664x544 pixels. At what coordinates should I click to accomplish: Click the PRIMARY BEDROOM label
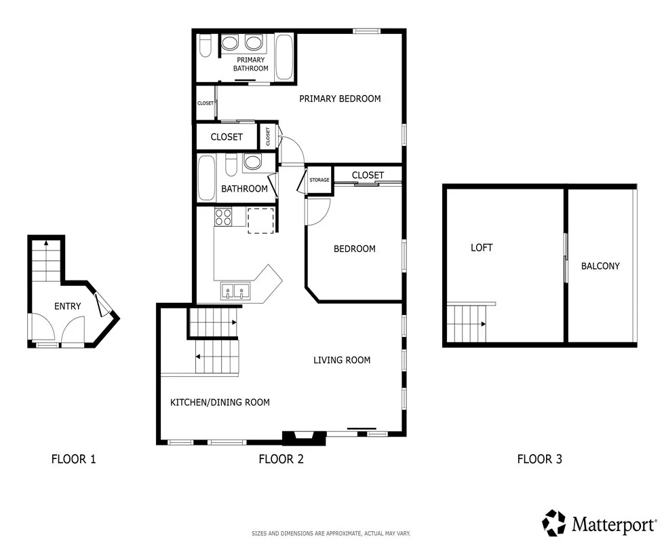click(340, 98)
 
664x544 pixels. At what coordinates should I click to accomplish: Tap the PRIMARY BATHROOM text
click(250, 64)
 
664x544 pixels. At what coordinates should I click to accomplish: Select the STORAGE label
click(319, 180)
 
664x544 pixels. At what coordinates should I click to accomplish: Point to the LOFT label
click(482, 248)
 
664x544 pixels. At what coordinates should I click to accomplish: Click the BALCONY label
click(600, 266)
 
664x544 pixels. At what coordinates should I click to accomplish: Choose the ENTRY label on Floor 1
click(67, 306)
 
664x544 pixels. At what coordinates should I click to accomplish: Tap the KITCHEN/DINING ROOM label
click(220, 402)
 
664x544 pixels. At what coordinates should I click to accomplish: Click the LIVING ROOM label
click(342, 360)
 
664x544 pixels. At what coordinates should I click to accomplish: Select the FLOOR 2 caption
click(281, 459)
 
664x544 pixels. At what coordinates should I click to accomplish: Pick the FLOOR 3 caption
click(539, 459)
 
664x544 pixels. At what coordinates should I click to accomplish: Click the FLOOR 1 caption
click(73, 459)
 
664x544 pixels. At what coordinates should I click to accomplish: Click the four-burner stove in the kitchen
click(224, 217)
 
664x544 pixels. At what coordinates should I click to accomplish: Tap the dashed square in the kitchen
click(260, 221)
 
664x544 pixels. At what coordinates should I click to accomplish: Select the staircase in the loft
click(468, 324)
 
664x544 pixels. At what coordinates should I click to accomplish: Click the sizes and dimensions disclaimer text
click(331, 534)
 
